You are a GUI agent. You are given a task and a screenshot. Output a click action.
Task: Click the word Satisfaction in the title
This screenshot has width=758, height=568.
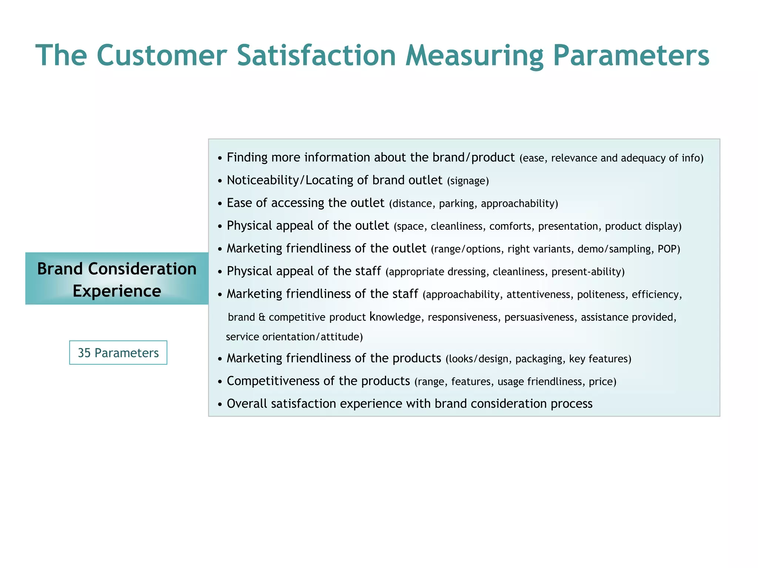tap(316, 55)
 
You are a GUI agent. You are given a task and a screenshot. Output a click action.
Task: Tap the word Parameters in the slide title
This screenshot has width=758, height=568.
tap(631, 55)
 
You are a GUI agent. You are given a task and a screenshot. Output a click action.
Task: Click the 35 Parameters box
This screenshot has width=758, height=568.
tap(118, 353)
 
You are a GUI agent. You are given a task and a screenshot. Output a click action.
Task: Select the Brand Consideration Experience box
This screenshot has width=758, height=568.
tap(117, 279)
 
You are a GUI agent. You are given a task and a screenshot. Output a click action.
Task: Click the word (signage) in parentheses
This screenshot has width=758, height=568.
tap(468, 181)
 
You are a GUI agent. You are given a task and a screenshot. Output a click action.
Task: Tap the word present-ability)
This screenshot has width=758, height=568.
tap(588, 272)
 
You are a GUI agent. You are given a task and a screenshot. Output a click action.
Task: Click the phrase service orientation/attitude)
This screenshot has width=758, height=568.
tap(294, 337)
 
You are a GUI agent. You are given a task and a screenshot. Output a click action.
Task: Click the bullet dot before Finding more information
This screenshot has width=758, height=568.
tap(220, 158)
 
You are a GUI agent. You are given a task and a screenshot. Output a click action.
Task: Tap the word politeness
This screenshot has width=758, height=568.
tap(601, 295)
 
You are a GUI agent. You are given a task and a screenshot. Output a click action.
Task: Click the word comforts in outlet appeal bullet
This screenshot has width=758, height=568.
tap(511, 226)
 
